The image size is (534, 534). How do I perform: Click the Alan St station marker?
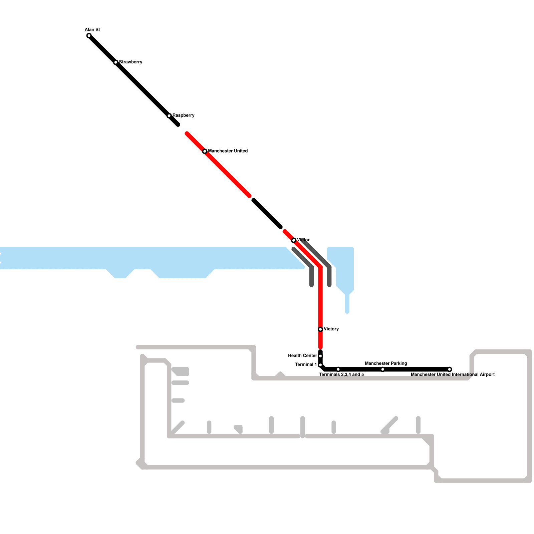pos(89,36)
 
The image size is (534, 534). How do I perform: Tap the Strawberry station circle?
pos(116,62)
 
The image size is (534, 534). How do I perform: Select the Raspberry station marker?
pos(169,116)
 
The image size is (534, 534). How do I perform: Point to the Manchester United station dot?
pos(205,151)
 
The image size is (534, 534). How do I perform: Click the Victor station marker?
pos(294,240)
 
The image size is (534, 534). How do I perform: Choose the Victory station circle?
pos(320,329)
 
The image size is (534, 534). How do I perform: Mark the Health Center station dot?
pos(320,356)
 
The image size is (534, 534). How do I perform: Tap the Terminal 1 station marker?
pos(320,365)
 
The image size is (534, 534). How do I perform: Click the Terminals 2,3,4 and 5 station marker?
pos(338,369)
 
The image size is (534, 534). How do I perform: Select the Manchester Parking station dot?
pos(382,369)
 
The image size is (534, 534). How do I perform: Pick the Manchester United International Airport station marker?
pos(450,369)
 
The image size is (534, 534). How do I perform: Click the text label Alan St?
pos(92,30)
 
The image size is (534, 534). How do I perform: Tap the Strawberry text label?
pos(131,62)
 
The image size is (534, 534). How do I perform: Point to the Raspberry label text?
pos(184,115)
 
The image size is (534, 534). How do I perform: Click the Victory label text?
pos(331,329)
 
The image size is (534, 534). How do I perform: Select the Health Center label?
pos(302,356)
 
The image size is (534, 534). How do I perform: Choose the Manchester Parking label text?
pos(386,363)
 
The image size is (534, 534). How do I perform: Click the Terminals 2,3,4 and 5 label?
pos(341,375)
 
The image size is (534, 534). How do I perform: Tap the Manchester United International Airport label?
pos(453,375)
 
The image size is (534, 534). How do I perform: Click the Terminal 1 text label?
pos(306,365)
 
